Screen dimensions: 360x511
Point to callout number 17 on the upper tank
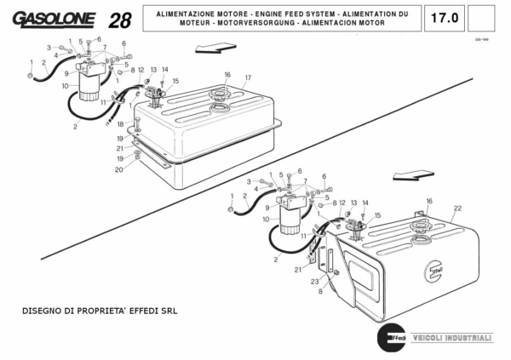click(x=248, y=77)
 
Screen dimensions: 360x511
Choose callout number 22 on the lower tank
click(x=457, y=208)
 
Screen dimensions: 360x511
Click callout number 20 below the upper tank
click(x=119, y=169)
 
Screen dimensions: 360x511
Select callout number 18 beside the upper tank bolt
click(x=120, y=125)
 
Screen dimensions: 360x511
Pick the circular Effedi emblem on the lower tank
click(x=433, y=271)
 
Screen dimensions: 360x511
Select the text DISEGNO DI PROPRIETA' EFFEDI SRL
click(x=100, y=311)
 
